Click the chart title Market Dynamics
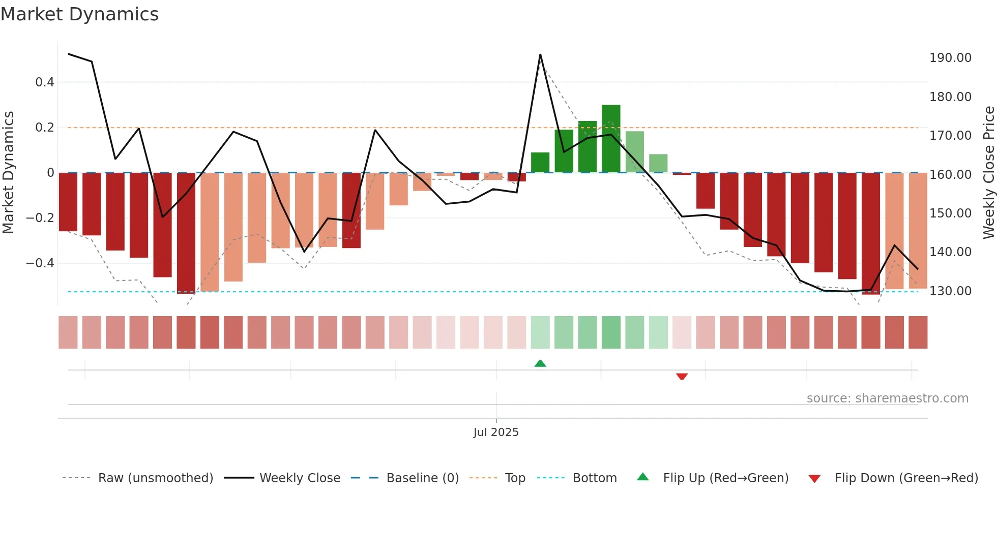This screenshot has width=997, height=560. pos(80,14)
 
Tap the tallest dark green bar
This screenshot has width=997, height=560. pos(611,138)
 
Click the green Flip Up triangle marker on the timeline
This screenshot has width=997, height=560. pos(540,363)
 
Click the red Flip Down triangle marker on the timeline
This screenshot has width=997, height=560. pos(682,377)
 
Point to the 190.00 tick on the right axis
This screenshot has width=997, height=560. pos(950,58)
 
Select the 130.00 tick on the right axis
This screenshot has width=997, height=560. pos(950,291)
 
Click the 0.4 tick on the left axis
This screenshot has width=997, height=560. pos(45,82)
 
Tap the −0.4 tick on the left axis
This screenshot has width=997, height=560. pos(40,263)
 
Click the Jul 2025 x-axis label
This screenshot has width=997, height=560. pos(496,432)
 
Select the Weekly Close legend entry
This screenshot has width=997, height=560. pos(300,478)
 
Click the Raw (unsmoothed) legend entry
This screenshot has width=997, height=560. pos(155,478)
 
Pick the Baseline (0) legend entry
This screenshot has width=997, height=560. pos(422,478)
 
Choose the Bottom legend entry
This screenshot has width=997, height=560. pos(594,478)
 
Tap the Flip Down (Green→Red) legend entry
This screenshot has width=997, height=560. pos(906,478)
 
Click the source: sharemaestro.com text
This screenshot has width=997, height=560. pos(887,398)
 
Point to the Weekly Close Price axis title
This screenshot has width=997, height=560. pos(988,172)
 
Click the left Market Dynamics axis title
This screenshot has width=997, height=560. pos(8,172)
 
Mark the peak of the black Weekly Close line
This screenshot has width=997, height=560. pos(540,54)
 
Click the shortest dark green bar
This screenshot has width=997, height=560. pos(540,163)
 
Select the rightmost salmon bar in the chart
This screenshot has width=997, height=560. pos(918,231)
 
